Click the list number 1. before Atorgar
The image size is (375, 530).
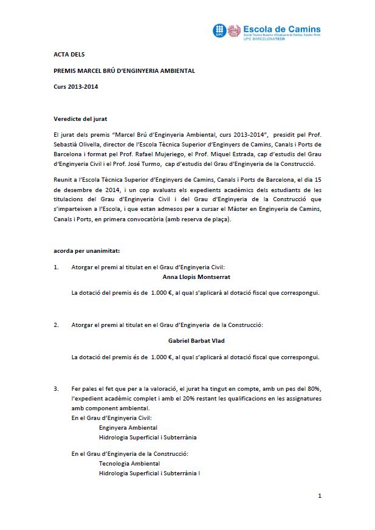(x=56, y=266)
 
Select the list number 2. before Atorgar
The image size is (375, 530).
(x=56, y=325)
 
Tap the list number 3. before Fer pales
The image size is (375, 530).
(x=56, y=388)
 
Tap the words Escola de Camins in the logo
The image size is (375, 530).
(x=281, y=29)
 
